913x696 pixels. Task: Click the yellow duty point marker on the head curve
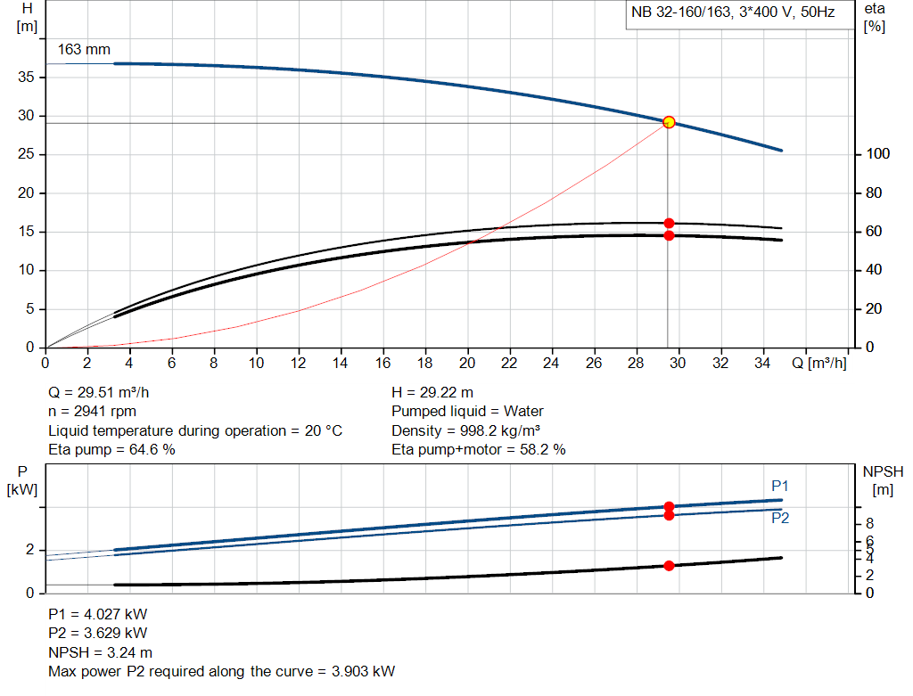669,122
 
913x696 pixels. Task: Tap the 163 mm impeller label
84,50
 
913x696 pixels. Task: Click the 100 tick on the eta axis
877,155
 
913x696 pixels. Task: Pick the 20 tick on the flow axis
467,363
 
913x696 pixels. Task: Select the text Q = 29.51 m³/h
105,392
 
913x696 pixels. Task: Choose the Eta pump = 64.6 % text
111,450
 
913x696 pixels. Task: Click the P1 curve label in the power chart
780,486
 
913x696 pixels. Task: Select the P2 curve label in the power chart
780,518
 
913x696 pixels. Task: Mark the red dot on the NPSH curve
669,565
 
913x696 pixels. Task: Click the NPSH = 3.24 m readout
100,652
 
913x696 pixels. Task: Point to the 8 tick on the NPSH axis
870,523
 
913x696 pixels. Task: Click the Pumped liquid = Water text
467,412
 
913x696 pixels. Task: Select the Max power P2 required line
222,671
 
